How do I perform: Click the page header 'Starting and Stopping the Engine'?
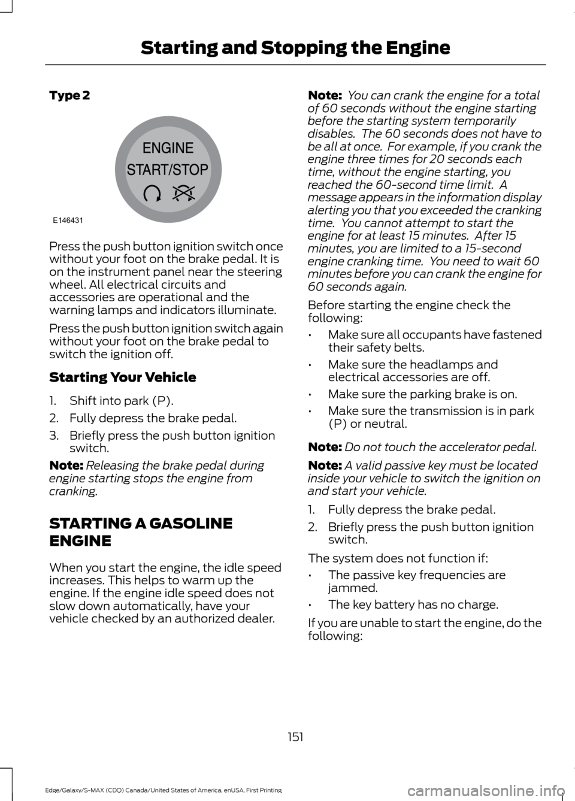(295, 48)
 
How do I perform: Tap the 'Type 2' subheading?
(69, 95)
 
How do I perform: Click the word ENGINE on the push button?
(168, 148)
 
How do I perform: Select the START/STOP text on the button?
(168, 170)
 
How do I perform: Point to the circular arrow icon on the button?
(152, 193)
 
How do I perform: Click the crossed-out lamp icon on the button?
(184, 193)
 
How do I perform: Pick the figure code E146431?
(68, 220)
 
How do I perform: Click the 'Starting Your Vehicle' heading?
(123, 377)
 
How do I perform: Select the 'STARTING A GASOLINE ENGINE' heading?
(141, 532)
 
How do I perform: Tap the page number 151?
(295, 737)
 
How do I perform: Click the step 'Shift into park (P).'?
(121, 401)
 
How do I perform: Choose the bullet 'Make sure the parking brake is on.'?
(422, 394)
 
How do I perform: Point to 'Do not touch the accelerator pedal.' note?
(440, 447)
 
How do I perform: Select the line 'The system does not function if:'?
(398, 558)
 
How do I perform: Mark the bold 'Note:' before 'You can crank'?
(325, 95)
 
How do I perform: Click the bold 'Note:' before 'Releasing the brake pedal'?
(66, 466)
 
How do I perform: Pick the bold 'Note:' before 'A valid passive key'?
(325, 466)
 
